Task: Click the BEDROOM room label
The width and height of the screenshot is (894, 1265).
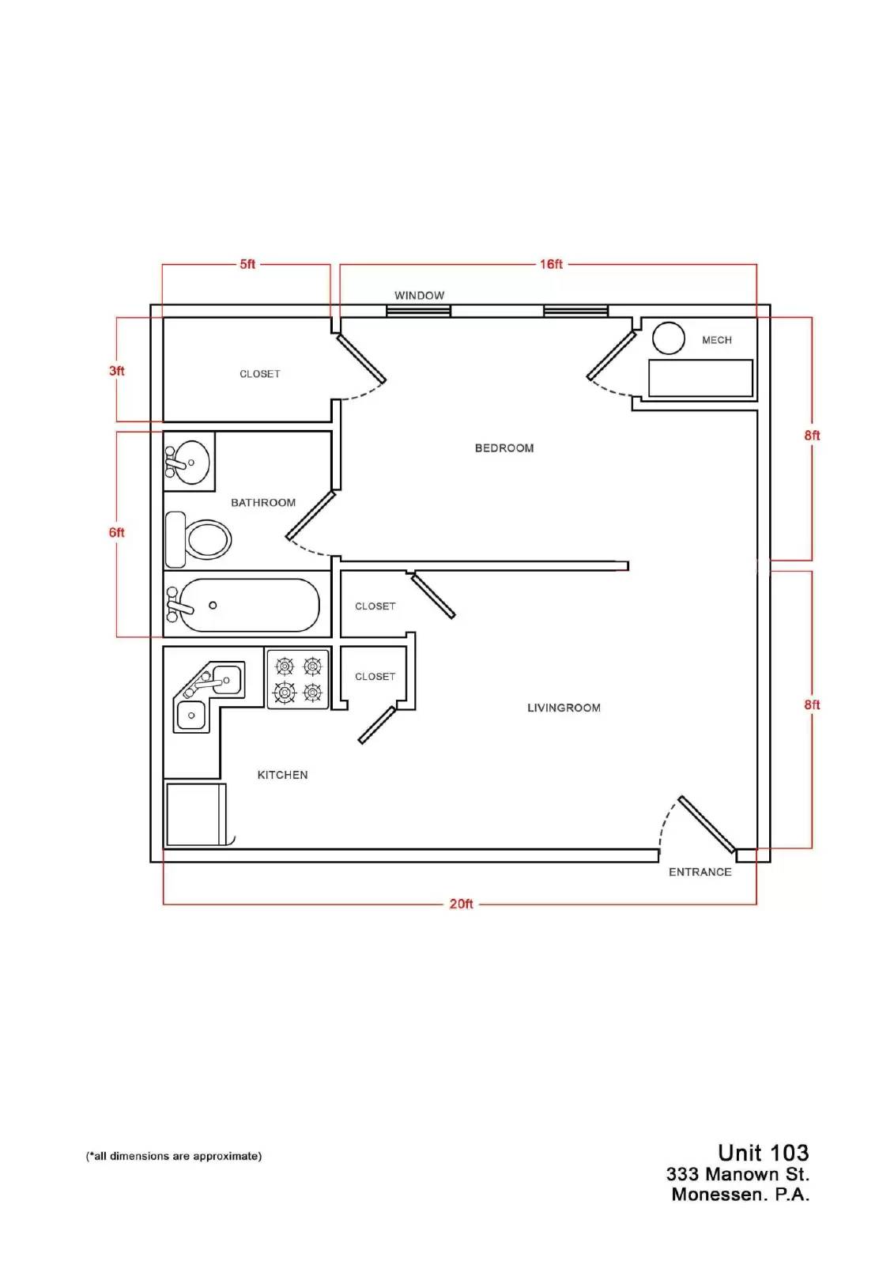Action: coord(504,447)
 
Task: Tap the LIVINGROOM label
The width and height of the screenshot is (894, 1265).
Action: coord(564,708)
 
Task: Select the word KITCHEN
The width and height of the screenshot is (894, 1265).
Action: coord(282,775)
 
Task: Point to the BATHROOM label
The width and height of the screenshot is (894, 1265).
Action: coord(263,503)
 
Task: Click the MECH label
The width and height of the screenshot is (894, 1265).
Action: coord(717,340)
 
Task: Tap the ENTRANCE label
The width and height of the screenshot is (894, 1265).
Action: coord(700,872)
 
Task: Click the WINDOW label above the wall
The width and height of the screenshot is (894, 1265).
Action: coord(419,296)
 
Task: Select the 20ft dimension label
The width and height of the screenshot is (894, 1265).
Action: coord(461,904)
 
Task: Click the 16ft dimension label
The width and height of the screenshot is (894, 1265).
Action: coord(551,264)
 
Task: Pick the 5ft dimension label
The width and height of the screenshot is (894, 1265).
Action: coord(247,264)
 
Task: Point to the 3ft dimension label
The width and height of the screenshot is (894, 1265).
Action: coord(116,371)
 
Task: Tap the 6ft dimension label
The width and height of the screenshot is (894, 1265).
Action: coord(116,533)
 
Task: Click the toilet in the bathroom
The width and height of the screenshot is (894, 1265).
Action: coord(198,539)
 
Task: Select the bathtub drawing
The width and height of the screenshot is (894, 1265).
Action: coord(243,605)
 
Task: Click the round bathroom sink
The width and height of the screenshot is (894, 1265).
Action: coord(187,462)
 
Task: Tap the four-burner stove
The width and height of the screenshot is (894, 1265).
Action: coord(298,679)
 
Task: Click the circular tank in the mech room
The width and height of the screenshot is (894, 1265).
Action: coord(668,338)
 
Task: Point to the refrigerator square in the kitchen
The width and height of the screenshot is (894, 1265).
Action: coord(195,814)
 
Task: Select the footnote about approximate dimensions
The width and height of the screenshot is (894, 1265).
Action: coord(174,1156)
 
